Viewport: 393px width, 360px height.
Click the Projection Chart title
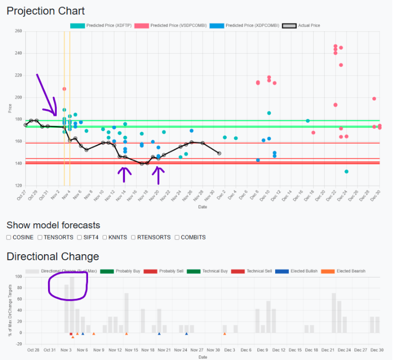coord(46,11)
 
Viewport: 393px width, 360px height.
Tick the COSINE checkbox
coord(9,237)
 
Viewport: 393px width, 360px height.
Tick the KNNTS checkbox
coord(105,237)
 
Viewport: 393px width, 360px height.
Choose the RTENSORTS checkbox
coord(134,237)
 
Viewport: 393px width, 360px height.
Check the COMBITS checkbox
coord(177,237)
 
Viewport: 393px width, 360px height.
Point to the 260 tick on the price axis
coord(19,31)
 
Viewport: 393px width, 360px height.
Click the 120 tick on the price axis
coord(19,186)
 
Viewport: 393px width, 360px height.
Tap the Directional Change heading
coord(53,257)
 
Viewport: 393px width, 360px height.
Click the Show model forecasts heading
coord(53,225)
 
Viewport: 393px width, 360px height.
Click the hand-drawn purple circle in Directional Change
coord(68,285)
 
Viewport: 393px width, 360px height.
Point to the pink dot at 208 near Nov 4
coord(64,89)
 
